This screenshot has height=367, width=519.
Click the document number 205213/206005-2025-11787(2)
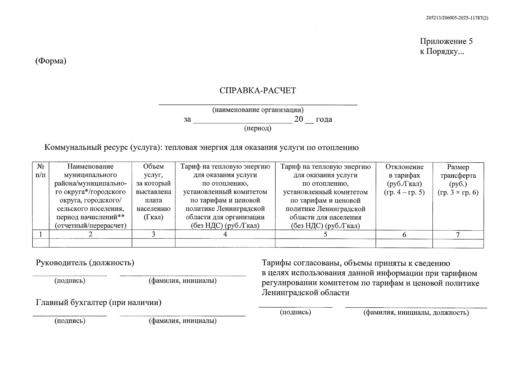pos(457,18)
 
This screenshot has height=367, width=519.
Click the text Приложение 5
pos(446,41)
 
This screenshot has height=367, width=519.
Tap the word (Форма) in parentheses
pos(51,61)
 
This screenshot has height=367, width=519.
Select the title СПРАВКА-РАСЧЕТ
pos(258,91)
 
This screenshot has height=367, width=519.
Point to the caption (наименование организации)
pos(258,110)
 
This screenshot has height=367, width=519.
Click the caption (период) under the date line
pos(258,128)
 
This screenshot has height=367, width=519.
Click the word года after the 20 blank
pos(324,119)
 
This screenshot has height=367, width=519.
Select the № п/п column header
pos(41,171)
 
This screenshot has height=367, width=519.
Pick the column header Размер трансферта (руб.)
pos(458,180)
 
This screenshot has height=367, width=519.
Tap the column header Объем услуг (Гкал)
pos(153,192)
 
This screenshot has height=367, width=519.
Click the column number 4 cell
pos(225,234)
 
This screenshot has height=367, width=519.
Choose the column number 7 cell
pos(458,235)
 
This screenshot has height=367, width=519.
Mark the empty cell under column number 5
pos(325,243)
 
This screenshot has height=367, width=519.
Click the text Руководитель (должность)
pos(85,263)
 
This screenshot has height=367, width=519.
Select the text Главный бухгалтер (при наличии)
pos(98,302)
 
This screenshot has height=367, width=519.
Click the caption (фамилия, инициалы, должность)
pos(416,313)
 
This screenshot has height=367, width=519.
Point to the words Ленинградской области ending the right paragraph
pos(305,293)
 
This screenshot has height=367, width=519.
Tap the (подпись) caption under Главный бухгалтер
pos(70,321)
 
